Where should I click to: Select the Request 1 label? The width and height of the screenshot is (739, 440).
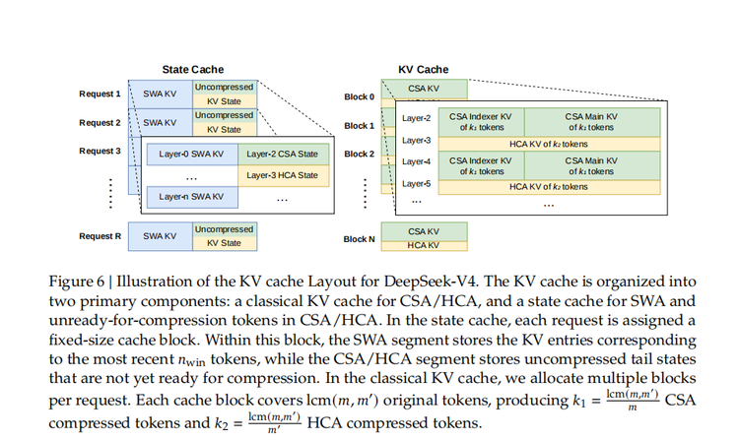(100, 94)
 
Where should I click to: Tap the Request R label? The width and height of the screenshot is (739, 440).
(100, 236)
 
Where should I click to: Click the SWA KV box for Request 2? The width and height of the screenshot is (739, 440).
(160, 122)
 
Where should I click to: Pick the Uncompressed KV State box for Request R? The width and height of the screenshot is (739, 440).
(224, 236)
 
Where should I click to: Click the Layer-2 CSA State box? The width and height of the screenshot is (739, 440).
(282, 154)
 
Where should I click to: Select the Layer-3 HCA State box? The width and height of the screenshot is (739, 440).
(282, 175)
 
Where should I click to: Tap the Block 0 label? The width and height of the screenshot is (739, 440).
(359, 96)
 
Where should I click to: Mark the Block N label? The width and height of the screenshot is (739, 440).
(359, 238)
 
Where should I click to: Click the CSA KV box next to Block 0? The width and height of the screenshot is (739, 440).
(423, 90)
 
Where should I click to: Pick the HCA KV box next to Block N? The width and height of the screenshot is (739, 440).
(423, 245)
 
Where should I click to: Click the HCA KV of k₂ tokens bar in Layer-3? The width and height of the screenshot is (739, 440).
(536, 143)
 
